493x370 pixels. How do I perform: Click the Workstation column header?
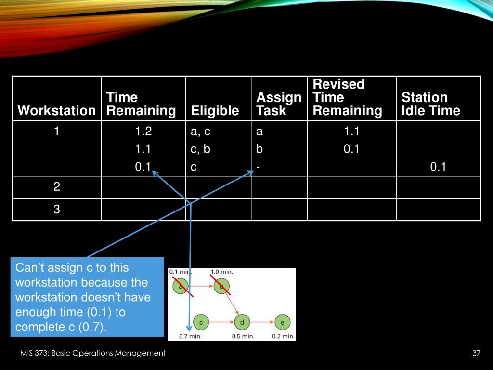57,111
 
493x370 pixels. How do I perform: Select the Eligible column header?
215,111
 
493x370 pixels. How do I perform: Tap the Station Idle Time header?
430,104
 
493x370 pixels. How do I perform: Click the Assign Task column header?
278,104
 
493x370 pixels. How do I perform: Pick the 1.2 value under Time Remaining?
143,132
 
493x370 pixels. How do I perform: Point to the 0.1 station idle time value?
438,167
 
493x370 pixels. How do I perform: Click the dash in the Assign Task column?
259,167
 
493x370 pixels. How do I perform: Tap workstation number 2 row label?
57,187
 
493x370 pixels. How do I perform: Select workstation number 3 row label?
57,209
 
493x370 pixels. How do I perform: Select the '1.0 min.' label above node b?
221,272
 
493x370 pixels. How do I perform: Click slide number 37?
477,354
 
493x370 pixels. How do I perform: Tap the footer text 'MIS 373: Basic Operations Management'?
93,354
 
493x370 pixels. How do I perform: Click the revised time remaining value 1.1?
351,132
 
